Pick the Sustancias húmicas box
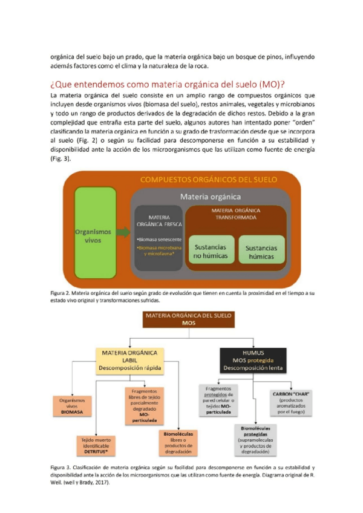(x=261, y=252)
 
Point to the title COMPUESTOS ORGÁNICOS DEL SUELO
(x=209, y=179)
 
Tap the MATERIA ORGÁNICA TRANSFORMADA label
(x=236, y=214)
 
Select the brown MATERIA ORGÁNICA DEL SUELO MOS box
(x=189, y=319)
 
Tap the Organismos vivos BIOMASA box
(x=72, y=404)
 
